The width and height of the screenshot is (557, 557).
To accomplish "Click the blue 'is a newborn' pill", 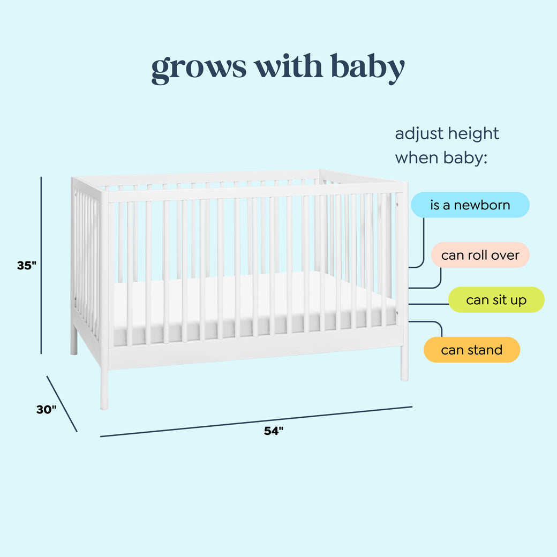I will pyautogui.click(x=470, y=205).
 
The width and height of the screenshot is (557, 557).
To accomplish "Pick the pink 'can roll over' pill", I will pyautogui.click(x=480, y=255).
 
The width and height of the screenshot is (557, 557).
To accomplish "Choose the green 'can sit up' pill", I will pyautogui.click(x=496, y=300).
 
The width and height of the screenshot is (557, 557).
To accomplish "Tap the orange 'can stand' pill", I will pyautogui.click(x=471, y=350).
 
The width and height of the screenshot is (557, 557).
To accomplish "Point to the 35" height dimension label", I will pyautogui.click(x=26, y=265).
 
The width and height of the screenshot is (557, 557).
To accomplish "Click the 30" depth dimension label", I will pyautogui.click(x=46, y=409).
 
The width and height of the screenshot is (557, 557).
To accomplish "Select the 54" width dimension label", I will pyautogui.click(x=273, y=431).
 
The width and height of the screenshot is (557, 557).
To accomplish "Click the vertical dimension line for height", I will pyautogui.click(x=41, y=265).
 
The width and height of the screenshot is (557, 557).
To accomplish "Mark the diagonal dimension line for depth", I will pyautogui.click(x=62, y=403).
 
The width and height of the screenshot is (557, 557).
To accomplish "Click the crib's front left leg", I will pyautogui.click(x=104, y=388).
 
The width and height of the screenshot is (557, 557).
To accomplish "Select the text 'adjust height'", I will pyautogui.click(x=447, y=133).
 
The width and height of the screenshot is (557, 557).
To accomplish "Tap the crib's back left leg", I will pyautogui.click(x=74, y=343).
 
